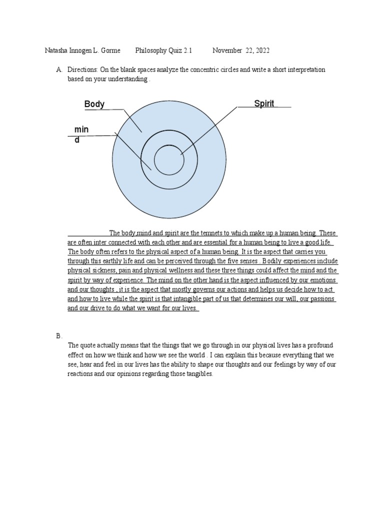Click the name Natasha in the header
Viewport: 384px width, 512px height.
(57, 51)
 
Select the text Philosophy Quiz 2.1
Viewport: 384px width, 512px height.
(163, 51)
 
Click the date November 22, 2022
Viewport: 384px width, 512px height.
(241, 51)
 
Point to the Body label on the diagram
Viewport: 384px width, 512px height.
(94, 104)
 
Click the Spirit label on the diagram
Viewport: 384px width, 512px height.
(264, 103)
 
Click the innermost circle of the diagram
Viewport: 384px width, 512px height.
(169, 160)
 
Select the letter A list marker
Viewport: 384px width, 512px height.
(58, 70)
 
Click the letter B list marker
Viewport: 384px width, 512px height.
(58, 336)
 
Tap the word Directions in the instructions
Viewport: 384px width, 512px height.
(81, 70)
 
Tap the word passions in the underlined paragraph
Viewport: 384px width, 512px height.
(322, 299)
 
